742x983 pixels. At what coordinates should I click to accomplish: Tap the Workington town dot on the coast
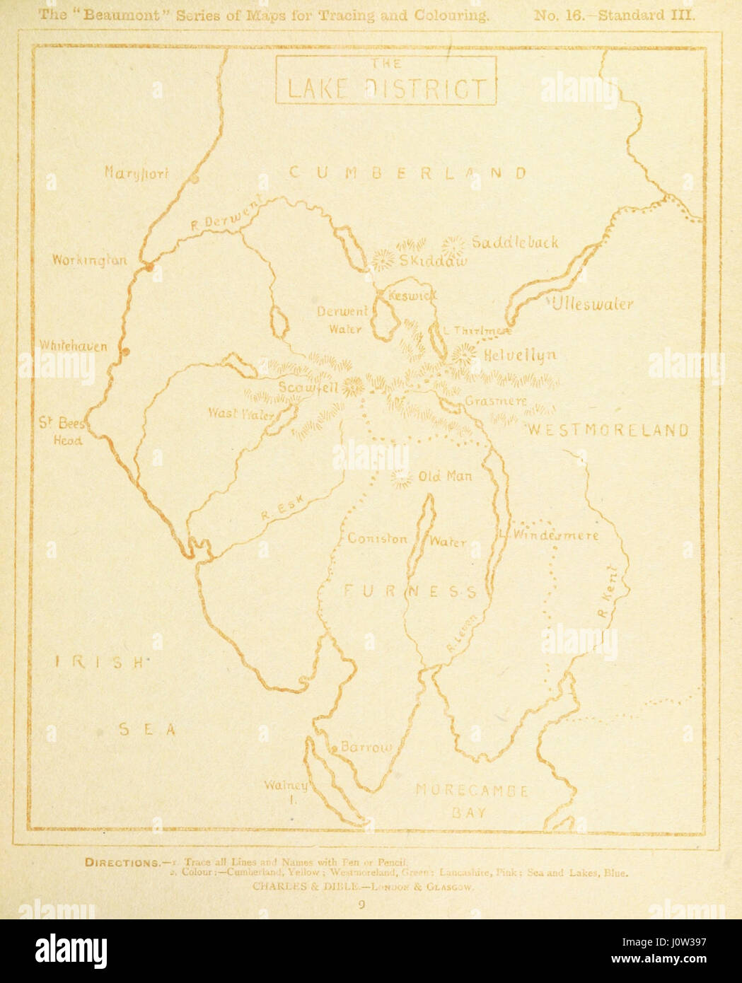point(149,267)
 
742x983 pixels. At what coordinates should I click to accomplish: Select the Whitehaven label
point(74,347)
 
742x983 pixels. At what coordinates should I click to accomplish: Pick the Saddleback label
point(515,243)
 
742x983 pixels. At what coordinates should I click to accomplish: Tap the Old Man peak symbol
point(401,479)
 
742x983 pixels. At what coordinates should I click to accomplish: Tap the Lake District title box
point(386,81)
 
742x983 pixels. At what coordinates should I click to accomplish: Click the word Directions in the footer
point(122,862)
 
